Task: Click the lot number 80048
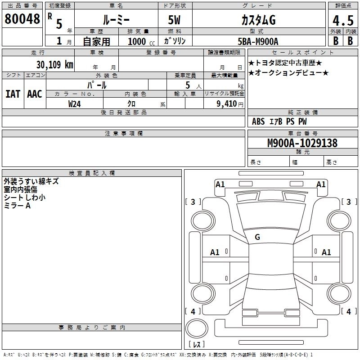coord(22,19)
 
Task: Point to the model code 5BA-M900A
coord(257,41)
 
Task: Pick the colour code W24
coord(75,103)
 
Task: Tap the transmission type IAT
coord(13,94)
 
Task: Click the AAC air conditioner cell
coord(34,94)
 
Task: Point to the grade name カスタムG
coord(258,20)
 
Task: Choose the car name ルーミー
coord(116,20)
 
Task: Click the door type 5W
coord(175,20)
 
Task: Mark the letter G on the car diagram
coord(257,237)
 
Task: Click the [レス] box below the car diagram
coord(196,344)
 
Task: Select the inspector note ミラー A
coord(17,205)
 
